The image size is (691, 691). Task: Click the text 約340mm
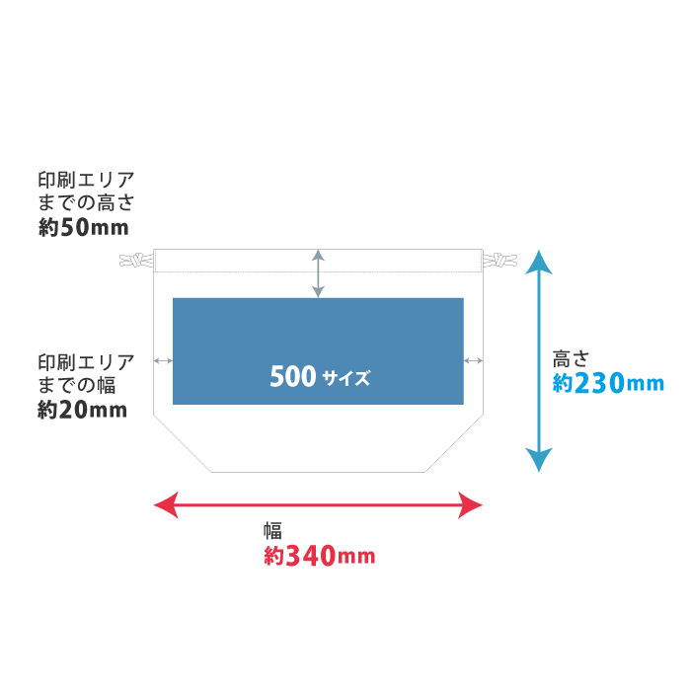tap(319, 556)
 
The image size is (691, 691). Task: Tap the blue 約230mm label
tap(608, 383)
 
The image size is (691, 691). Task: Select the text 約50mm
tap(83, 227)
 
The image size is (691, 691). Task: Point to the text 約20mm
tap(82, 410)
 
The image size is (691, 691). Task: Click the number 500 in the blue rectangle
tap(292, 376)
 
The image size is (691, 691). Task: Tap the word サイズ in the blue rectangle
tap(345, 377)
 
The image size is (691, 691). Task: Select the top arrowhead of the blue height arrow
tap(538, 262)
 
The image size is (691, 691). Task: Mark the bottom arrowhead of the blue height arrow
tap(538, 460)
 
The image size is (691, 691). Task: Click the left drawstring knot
tap(136, 262)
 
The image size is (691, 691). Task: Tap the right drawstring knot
tap(499, 262)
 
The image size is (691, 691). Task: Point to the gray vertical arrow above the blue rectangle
tap(318, 273)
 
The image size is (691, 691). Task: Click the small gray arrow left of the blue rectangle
tap(163, 360)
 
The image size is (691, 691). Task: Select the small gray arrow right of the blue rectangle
tap(473, 360)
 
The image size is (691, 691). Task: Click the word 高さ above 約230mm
tap(571, 358)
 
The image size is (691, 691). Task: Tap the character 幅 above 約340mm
tap(272, 530)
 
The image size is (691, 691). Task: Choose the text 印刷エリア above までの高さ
tap(86, 180)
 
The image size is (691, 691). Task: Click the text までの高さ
tap(86, 203)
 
